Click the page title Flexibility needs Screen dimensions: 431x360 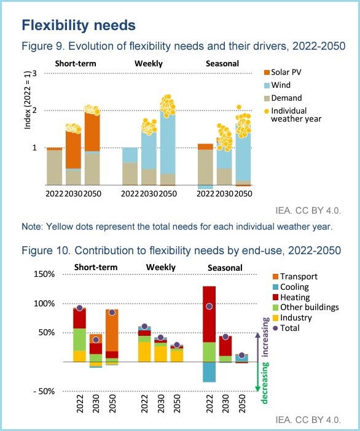point(79,25)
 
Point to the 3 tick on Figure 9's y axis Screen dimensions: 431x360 point(36,74)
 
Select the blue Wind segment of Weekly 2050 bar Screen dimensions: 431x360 point(167,144)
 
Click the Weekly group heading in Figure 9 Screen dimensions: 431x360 point(148,63)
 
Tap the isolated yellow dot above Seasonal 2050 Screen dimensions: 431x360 point(239,107)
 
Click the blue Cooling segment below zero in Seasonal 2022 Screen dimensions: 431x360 point(209,371)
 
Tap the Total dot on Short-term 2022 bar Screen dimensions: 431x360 point(79,308)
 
